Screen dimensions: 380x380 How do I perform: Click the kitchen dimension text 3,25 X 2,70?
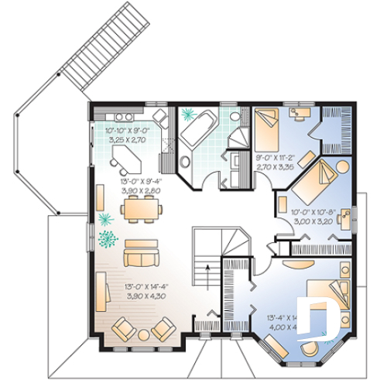click(128, 142)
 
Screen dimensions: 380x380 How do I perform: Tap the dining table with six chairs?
click(142, 207)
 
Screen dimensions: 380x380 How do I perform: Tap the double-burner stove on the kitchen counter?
click(163, 118)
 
